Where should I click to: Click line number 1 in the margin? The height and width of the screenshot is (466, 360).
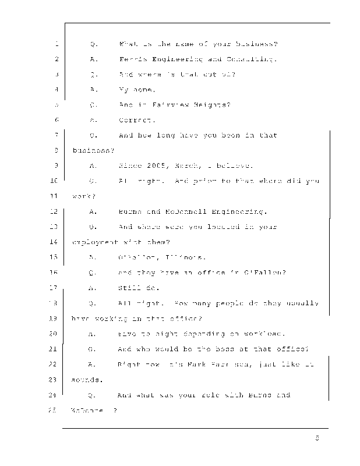(x=57, y=44)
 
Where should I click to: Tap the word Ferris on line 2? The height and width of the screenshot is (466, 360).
(x=132, y=59)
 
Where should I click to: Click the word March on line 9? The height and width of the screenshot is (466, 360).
(x=189, y=165)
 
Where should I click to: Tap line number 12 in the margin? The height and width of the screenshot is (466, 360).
(x=55, y=211)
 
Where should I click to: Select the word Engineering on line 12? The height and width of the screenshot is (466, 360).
(x=242, y=211)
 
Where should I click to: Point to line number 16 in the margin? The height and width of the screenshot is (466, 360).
(x=55, y=272)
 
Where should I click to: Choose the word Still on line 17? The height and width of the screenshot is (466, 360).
(x=131, y=288)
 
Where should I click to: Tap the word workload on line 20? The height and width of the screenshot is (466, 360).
(x=262, y=334)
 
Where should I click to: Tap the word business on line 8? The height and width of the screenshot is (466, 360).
(x=91, y=150)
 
